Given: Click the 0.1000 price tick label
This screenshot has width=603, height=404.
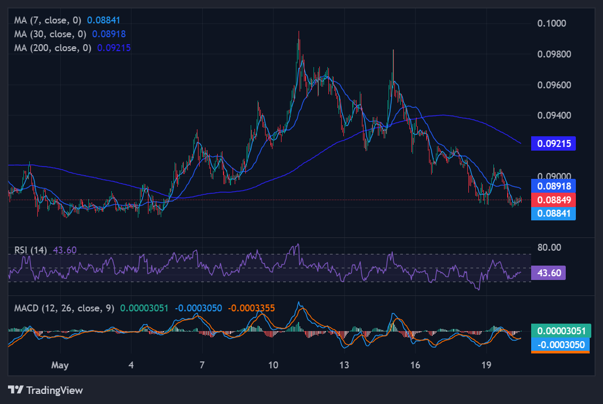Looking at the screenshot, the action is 551,23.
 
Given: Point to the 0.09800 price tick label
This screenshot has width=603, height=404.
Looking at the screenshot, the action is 554,54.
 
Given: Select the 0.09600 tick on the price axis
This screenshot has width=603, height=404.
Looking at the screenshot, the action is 554,85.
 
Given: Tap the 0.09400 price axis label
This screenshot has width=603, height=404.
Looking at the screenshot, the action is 554,115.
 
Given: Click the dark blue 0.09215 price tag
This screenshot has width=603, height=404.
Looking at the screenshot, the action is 554,144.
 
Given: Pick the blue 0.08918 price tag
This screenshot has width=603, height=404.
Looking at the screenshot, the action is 554,186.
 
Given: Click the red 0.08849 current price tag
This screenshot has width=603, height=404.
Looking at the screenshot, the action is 554,200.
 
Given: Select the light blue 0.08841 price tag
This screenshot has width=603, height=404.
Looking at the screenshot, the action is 554,213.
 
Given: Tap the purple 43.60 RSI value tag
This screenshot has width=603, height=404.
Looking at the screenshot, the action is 548,273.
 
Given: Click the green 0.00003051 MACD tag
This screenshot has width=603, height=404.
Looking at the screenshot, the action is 561,331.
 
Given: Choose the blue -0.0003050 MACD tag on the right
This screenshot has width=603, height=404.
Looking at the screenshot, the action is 560,345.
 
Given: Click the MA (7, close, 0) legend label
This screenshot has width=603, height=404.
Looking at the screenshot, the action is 48,20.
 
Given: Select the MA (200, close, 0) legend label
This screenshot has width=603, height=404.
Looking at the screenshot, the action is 53,48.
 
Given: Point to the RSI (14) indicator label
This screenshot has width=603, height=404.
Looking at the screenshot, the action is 30,250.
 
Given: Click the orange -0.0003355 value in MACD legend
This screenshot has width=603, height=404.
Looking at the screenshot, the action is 252,308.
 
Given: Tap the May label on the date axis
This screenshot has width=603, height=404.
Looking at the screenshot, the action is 60,365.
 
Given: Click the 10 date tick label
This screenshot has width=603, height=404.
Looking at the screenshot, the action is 273,365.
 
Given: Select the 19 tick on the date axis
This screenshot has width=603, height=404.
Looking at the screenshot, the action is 486,365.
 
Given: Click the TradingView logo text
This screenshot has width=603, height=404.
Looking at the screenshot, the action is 55,390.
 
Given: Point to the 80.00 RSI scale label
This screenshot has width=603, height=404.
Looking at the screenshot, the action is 549,247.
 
